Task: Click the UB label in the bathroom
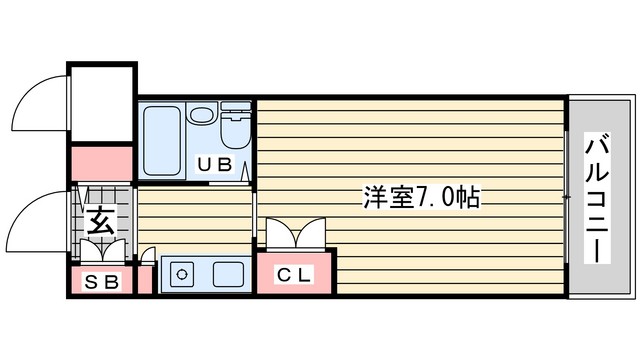[215, 164]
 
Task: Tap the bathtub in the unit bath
[162, 141]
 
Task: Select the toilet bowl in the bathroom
[236, 131]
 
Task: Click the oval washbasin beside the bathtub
[201, 113]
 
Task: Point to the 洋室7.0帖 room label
[422, 197]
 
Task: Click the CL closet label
[294, 275]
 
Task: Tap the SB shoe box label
[102, 282]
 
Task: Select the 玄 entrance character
[100, 220]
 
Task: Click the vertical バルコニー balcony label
[597, 198]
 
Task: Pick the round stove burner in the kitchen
[182, 274]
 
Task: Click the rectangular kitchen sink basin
[228, 274]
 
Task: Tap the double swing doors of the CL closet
[296, 234]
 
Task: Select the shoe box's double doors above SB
[102, 251]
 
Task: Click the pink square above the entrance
[102, 163]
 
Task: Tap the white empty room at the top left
[102, 104]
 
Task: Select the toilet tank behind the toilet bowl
[236, 107]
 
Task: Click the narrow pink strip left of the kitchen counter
[145, 280]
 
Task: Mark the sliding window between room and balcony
[567, 198]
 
